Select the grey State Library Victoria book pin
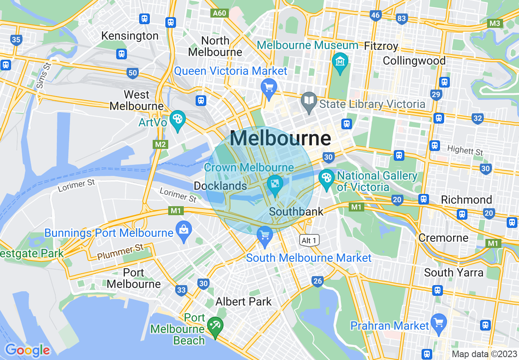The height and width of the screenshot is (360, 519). (x=309, y=101)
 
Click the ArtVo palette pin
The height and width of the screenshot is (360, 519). (x=177, y=120)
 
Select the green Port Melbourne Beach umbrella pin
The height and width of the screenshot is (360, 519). (x=215, y=326)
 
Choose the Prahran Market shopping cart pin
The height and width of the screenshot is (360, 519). (x=439, y=323)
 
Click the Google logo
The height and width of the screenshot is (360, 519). (x=27, y=350)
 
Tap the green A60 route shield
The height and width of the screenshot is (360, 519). (x=220, y=13)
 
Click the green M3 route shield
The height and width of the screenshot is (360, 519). (x=495, y=23)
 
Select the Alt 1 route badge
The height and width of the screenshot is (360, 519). (x=309, y=240)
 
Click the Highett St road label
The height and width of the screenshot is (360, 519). (x=465, y=150)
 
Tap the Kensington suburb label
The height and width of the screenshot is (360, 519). (x=130, y=36)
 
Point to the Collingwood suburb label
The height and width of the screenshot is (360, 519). (x=414, y=61)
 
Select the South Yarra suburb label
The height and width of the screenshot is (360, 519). (x=454, y=272)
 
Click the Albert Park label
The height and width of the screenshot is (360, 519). (x=244, y=302)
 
